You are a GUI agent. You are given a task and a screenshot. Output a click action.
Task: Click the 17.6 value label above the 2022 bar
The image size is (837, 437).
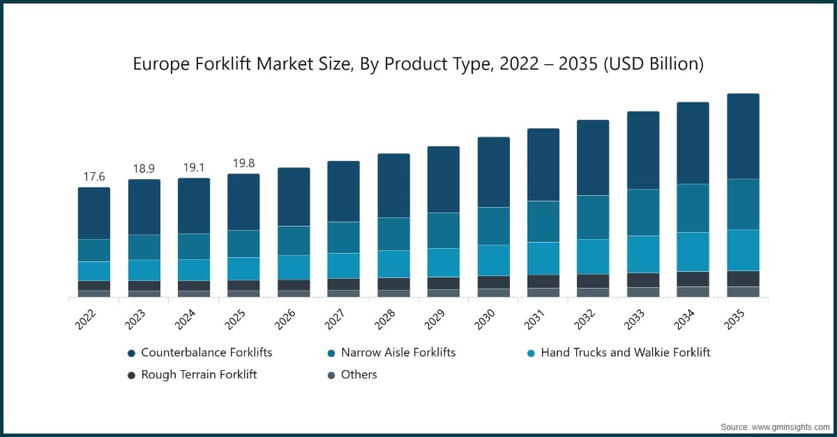[94, 177]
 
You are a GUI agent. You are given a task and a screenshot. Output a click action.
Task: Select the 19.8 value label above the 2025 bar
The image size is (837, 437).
[243, 163]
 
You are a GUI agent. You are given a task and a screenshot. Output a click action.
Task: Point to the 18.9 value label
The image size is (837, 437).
[144, 169]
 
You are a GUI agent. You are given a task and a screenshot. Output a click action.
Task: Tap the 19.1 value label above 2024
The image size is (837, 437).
[194, 167]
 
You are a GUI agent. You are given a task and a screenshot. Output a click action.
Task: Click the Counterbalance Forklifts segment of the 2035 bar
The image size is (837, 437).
[743, 137]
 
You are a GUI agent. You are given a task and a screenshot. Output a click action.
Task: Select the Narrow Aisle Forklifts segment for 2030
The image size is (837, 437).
[493, 226]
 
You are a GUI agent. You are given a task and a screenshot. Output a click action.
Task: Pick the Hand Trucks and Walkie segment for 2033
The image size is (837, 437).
[643, 254]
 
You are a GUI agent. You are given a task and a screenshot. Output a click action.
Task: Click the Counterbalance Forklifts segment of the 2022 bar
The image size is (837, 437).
[94, 213]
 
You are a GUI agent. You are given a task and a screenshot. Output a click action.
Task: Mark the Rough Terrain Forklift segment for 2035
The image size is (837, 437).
[743, 279]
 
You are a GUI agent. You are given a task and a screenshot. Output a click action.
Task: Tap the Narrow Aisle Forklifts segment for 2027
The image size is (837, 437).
[344, 238]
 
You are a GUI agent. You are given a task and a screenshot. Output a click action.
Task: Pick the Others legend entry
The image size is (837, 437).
[359, 375]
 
